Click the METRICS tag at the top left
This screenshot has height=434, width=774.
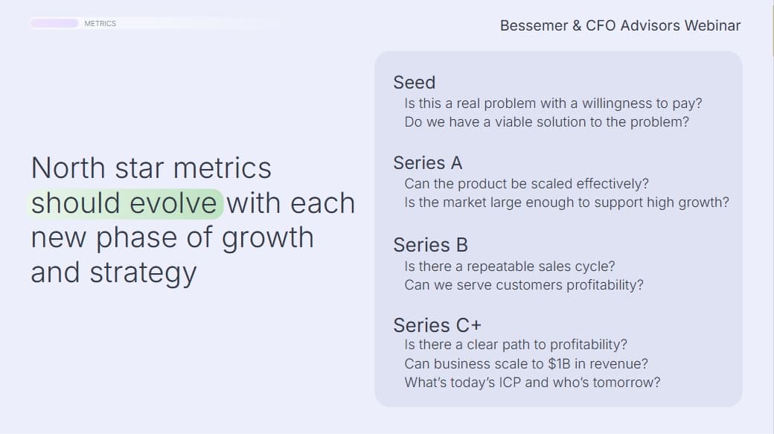point(100,24)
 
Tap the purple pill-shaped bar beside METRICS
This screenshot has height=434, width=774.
point(54,24)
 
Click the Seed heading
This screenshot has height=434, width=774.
point(414,83)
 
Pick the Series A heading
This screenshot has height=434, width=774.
point(427,163)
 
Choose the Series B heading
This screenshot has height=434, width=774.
point(430,245)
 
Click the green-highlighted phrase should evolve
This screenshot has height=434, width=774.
point(125,203)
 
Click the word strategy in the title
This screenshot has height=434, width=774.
point(143,272)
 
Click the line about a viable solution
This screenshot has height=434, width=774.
point(546,122)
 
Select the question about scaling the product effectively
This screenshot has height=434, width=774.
point(526,184)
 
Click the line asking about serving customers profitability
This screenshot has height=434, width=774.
point(523,285)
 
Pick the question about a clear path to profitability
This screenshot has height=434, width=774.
point(516,345)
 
